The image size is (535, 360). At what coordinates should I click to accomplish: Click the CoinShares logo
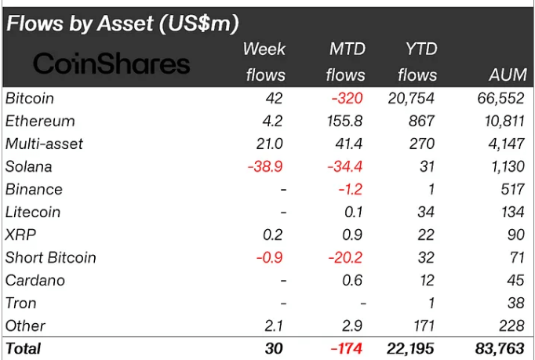pyautogui.click(x=111, y=63)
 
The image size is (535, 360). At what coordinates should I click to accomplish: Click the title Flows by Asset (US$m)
pyautogui.click(x=122, y=23)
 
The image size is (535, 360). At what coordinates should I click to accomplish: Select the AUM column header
pyautogui.click(x=506, y=75)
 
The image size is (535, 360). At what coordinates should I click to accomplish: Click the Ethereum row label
pyautogui.click(x=40, y=122)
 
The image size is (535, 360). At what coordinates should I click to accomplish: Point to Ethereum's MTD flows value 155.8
pyautogui.click(x=344, y=122)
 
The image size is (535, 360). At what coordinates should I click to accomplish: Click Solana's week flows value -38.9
pyautogui.click(x=266, y=167)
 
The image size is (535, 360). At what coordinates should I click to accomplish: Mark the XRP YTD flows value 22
pyautogui.click(x=427, y=235)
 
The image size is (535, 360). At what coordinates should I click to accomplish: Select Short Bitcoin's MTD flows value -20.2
pyautogui.click(x=344, y=258)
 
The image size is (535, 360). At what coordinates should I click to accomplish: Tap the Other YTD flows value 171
pyautogui.click(x=423, y=326)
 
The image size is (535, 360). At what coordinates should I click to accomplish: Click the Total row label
pyautogui.click(x=24, y=348)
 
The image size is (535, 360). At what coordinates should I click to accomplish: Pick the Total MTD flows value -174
pyautogui.click(x=346, y=348)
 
